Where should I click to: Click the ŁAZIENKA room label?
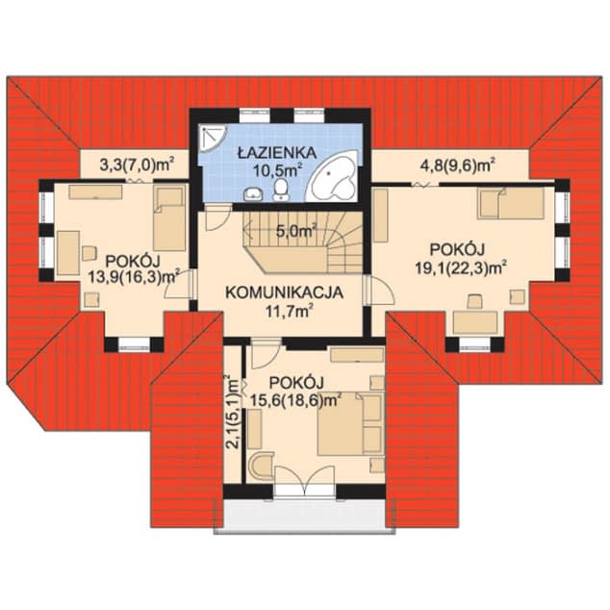coord(277,153)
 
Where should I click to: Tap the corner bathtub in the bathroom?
coord(334,177)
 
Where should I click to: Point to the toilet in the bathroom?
coord(281,190)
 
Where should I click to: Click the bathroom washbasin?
coord(253,193)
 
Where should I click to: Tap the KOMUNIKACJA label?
coord(285,292)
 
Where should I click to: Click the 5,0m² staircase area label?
coord(295,232)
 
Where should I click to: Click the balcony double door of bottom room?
coord(305,481)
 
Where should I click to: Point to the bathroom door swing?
coord(216,218)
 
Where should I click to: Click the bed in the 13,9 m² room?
coord(168,217)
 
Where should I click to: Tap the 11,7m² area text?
coord(290,311)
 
